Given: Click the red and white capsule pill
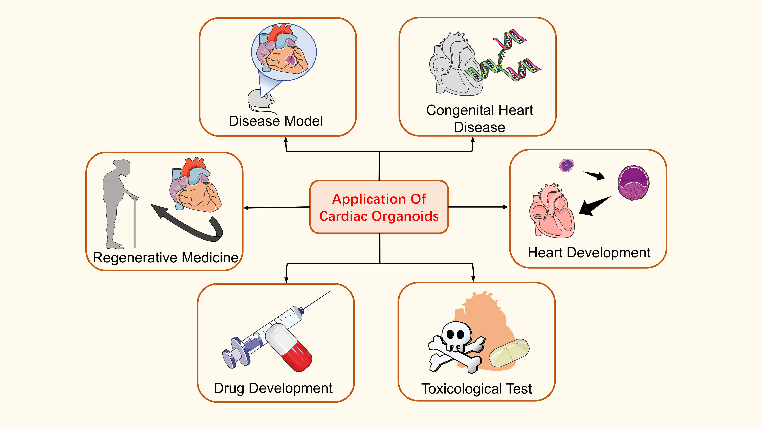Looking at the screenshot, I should (288, 347).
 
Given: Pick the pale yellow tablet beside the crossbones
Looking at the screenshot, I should (509, 353).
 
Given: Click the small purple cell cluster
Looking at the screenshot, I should (567, 165).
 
